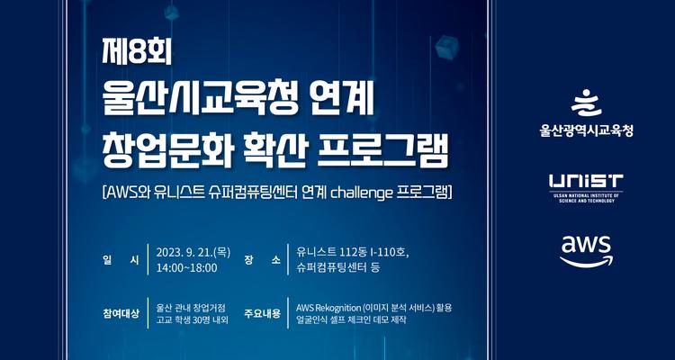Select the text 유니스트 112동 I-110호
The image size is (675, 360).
pyautogui.click(x=346, y=252)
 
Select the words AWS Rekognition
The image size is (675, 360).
pyautogui.click(x=328, y=306)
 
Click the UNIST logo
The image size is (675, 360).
pyautogui.click(x=586, y=183)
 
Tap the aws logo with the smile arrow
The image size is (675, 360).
pyautogui.click(x=586, y=249)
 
